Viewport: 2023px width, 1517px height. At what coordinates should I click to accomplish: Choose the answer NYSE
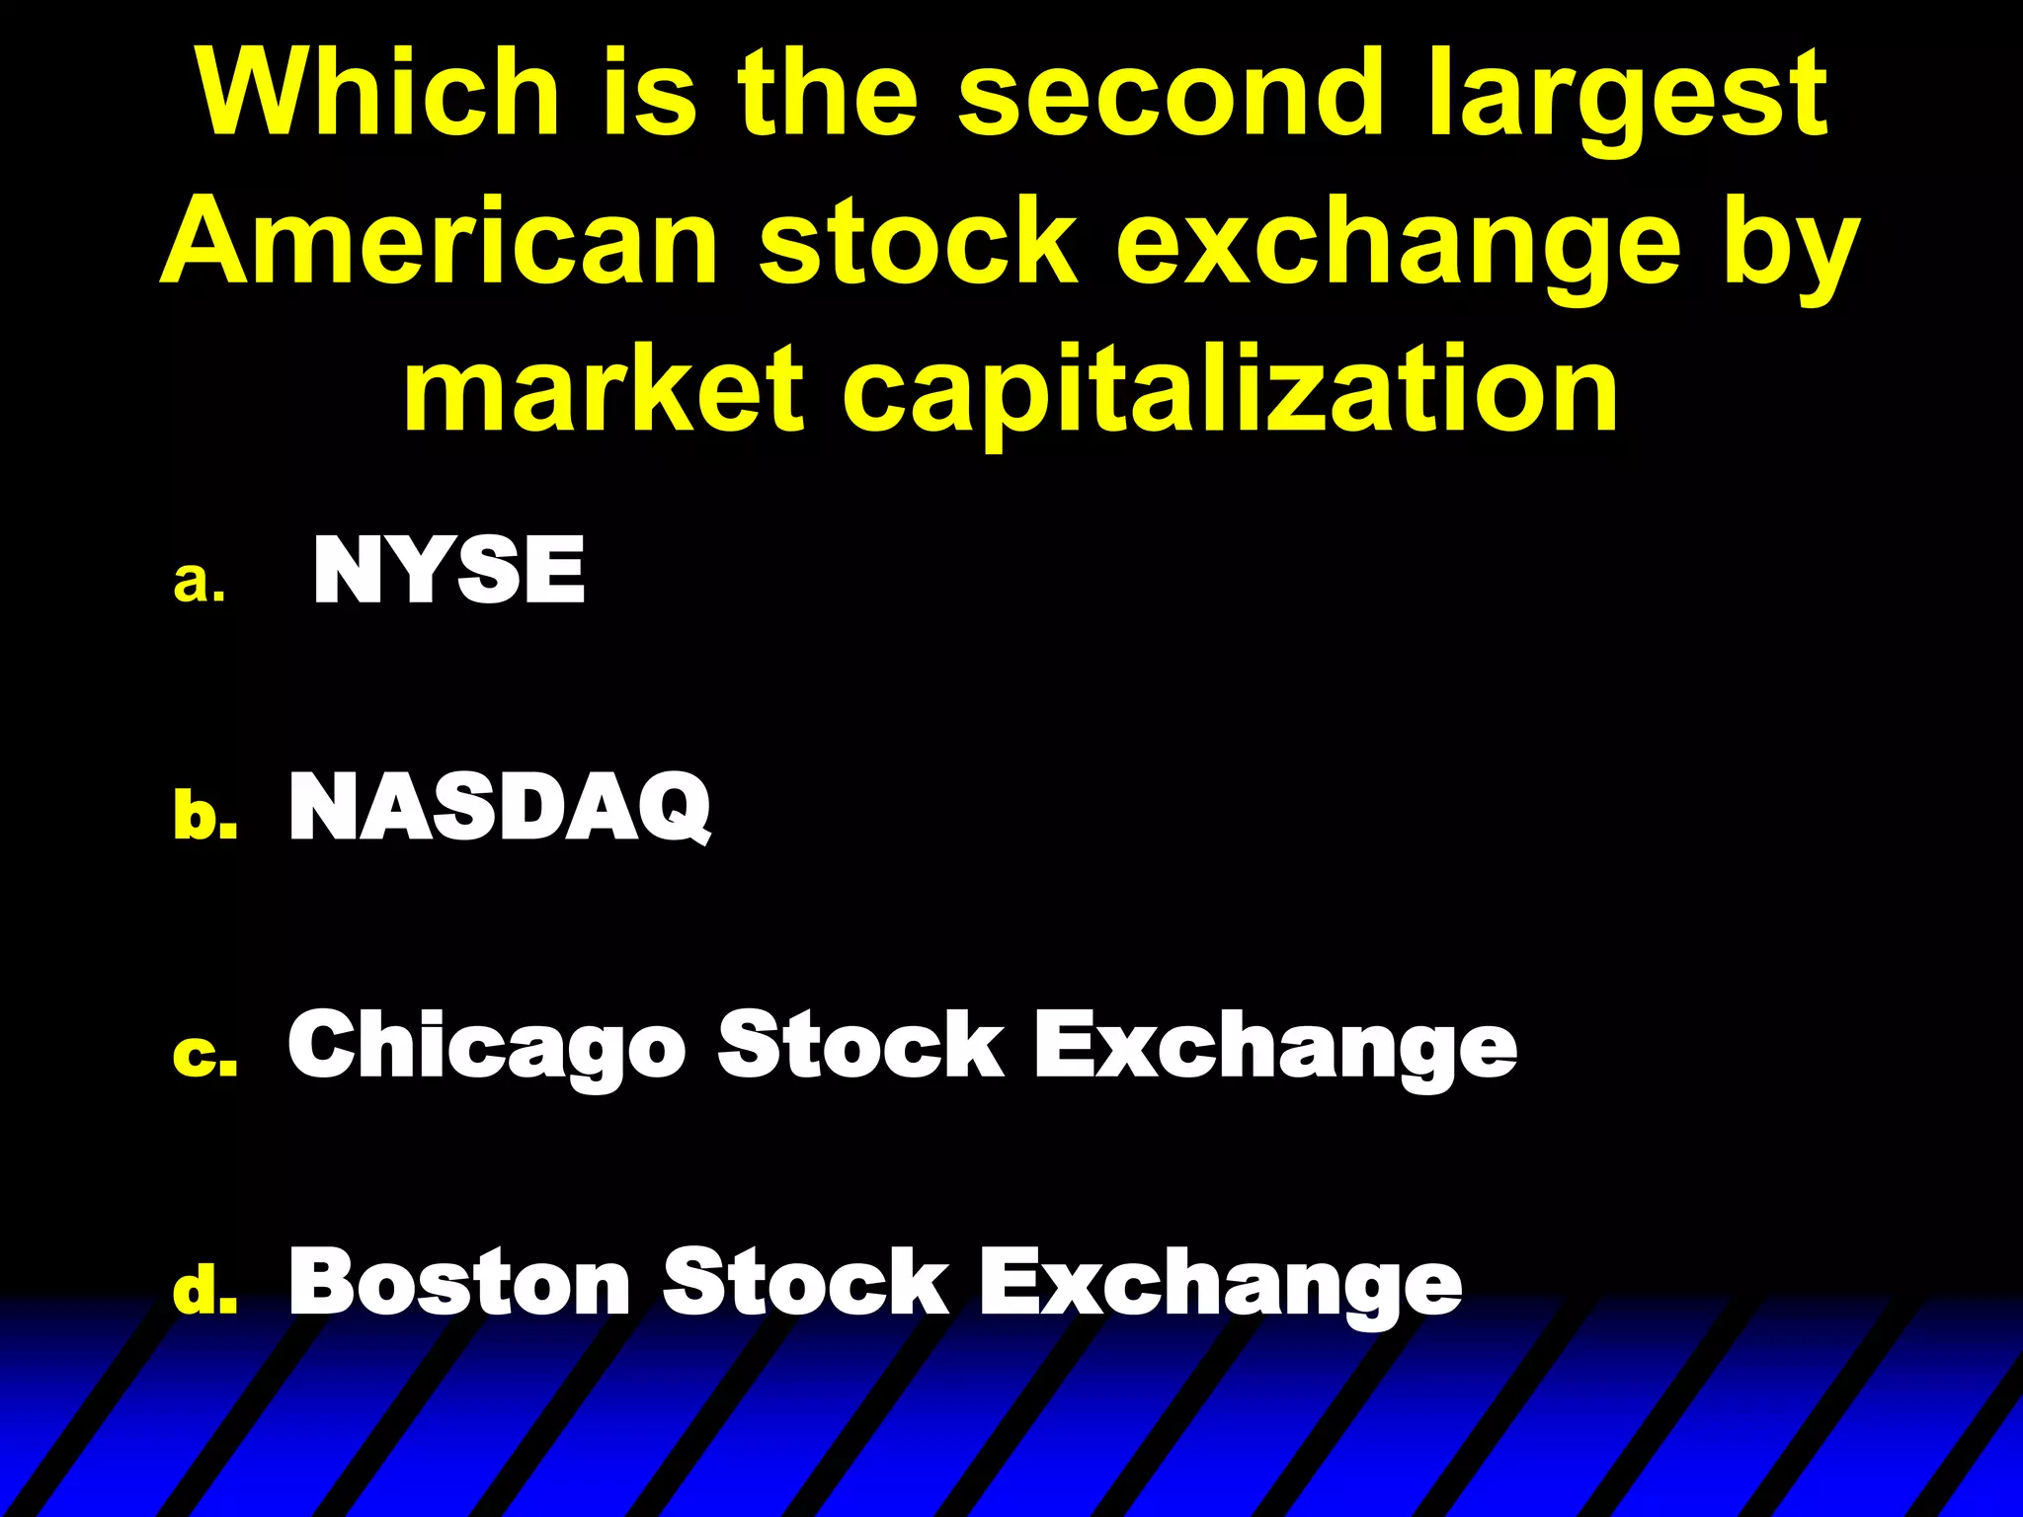449,570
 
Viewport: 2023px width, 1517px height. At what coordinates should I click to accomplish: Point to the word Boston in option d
459,1281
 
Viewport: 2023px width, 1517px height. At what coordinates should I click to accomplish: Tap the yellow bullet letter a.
200,583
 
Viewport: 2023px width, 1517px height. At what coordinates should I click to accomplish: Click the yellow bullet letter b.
205,816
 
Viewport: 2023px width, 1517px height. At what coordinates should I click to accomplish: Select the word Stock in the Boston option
805,1281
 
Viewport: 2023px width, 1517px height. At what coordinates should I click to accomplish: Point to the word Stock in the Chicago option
860,1046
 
